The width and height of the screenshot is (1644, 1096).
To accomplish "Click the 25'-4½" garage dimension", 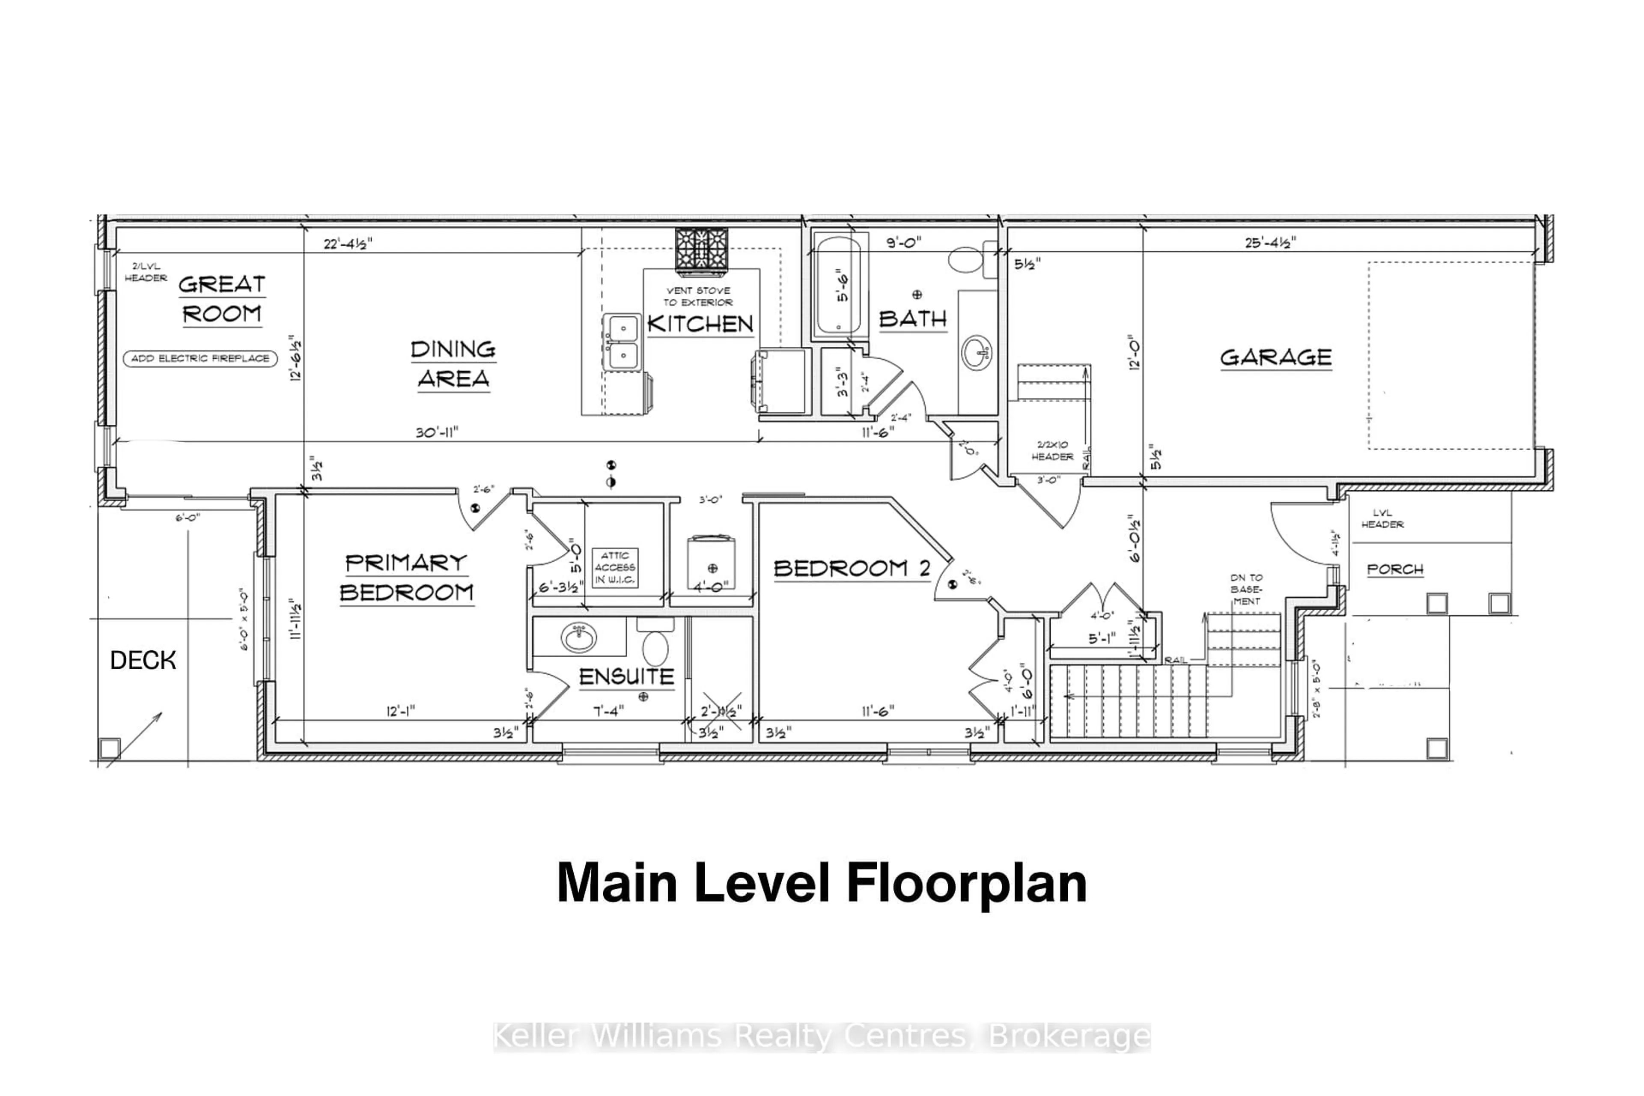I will pyautogui.click(x=1270, y=243).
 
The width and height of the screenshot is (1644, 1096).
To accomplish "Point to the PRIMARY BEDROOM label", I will pyautogui.click(x=407, y=578).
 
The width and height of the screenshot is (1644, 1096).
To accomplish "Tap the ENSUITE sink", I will pyautogui.click(x=579, y=637).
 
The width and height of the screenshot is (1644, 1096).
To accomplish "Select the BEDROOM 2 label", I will pyautogui.click(x=852, y=568).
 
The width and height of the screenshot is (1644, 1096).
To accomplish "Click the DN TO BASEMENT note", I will pyautogui.click(x=1246, y=589).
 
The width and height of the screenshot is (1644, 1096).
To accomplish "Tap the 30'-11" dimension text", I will pyautogui.click(x=436, y=433).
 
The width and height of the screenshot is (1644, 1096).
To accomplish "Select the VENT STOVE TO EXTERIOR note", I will pyautogui.click(x=698, y=296).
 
